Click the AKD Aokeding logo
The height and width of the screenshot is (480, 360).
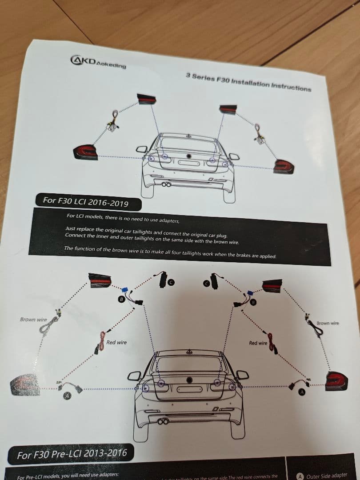point(98,62)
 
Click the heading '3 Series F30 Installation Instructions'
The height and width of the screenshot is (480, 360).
point(248,82)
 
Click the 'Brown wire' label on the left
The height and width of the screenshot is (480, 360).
point(33,320)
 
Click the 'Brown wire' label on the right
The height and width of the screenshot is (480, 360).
point(327,323)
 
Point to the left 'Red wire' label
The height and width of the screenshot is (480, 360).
point(116,342)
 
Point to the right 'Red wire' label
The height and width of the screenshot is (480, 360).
point(258,343)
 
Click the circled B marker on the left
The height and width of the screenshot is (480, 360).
point(121,300)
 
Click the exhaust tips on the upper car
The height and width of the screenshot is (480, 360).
point(166,184)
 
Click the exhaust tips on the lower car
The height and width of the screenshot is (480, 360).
point(163,421)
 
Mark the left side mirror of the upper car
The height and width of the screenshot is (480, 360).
point(142,149)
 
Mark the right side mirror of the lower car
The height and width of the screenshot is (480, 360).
point(242,375)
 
